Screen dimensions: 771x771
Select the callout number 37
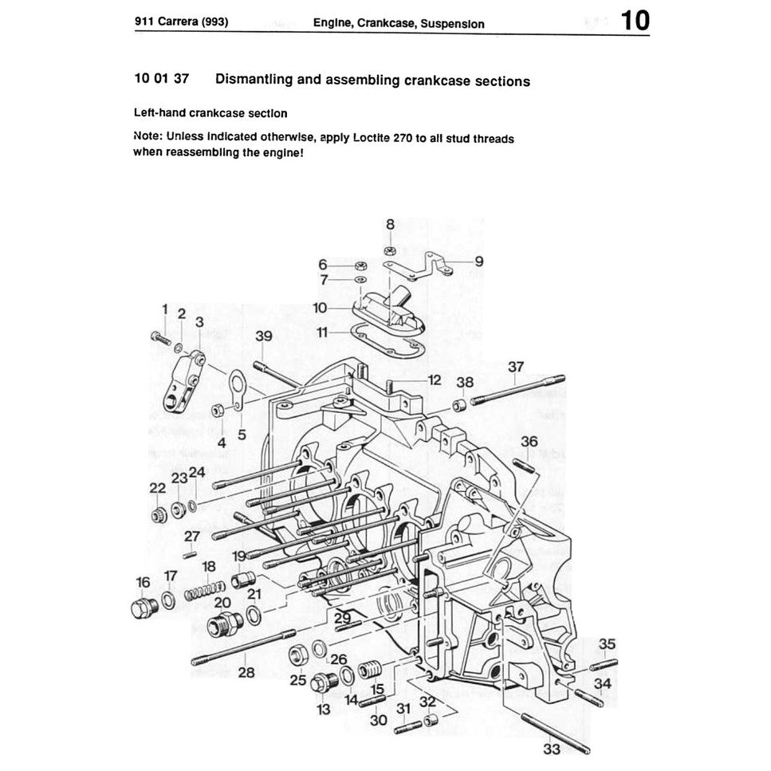coord(517,366)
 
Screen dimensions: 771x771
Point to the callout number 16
coord(144,582)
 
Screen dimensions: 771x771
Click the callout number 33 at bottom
coord(552,749)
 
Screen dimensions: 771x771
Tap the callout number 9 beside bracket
coord(478,261)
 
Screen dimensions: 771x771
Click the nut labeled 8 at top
coord(390,251)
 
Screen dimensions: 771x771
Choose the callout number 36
coord(529,441)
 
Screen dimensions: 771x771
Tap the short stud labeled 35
coord(603,663)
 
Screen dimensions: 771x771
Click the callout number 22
coord(157,488)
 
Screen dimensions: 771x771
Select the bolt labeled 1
coord(160,339)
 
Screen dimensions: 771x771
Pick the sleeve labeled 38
coord(459,405)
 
